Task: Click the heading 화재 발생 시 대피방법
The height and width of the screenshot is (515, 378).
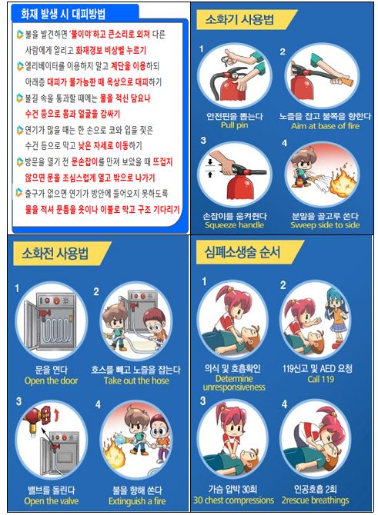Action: (x=63, y=14)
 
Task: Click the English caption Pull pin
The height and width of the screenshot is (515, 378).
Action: (x=235, y=125)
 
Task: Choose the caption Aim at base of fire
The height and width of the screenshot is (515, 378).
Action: (x=325, y=126)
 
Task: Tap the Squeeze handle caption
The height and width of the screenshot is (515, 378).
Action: (x=234, y=225)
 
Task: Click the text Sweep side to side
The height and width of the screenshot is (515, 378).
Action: (x=325, y=225)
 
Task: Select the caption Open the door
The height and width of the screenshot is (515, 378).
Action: (x=51, y=380)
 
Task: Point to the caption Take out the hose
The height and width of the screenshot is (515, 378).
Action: (x=136, y=380)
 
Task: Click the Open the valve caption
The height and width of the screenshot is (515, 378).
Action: (x=52, y=501)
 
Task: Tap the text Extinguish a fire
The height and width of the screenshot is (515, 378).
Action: (x=137, y=501)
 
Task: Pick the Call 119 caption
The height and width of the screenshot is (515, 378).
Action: (x=321, y=380)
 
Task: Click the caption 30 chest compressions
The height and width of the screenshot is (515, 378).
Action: (x=233, y=500)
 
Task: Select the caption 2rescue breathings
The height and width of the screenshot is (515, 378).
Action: (x=315, y=500)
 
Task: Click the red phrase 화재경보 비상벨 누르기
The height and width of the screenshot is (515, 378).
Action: (x=111, y=50)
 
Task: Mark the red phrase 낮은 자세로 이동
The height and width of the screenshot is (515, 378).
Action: (x=103, y=145)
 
